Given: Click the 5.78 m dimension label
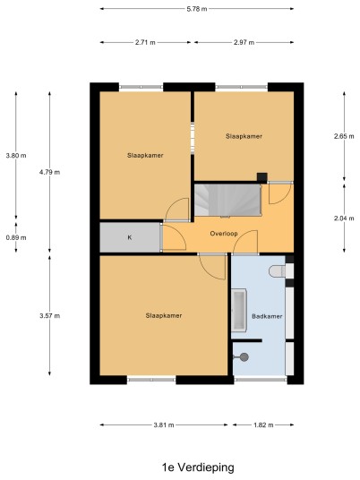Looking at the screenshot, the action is pos(197,9).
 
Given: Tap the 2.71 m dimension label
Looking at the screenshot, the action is pos(145,42).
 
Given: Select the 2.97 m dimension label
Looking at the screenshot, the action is pos(244,42).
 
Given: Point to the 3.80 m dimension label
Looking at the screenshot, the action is pos(16,156).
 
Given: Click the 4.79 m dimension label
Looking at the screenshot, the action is pos(49,172).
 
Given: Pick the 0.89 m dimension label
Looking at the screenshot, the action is pos(16,237).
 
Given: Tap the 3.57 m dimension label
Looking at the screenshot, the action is pos(49,315).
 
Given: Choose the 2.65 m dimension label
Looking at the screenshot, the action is pos(344,136).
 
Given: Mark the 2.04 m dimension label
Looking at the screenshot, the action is pos(344,219).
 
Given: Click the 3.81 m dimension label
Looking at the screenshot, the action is pos(164,424).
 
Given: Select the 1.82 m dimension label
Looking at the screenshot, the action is pos(263,424).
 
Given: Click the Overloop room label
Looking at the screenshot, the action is pos(224,234).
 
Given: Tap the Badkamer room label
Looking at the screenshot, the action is pos(267,316).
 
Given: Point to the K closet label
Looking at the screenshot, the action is pos(130,237).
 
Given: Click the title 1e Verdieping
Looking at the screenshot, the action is pos(198,467).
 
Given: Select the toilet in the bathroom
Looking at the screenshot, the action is pos(277,271).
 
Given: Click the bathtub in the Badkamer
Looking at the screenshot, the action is pos(239,310).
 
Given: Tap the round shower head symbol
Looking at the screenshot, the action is pos(244,357).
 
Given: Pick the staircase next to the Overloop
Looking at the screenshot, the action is pos(227,200).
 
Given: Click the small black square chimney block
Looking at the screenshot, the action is pos(261,177).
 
